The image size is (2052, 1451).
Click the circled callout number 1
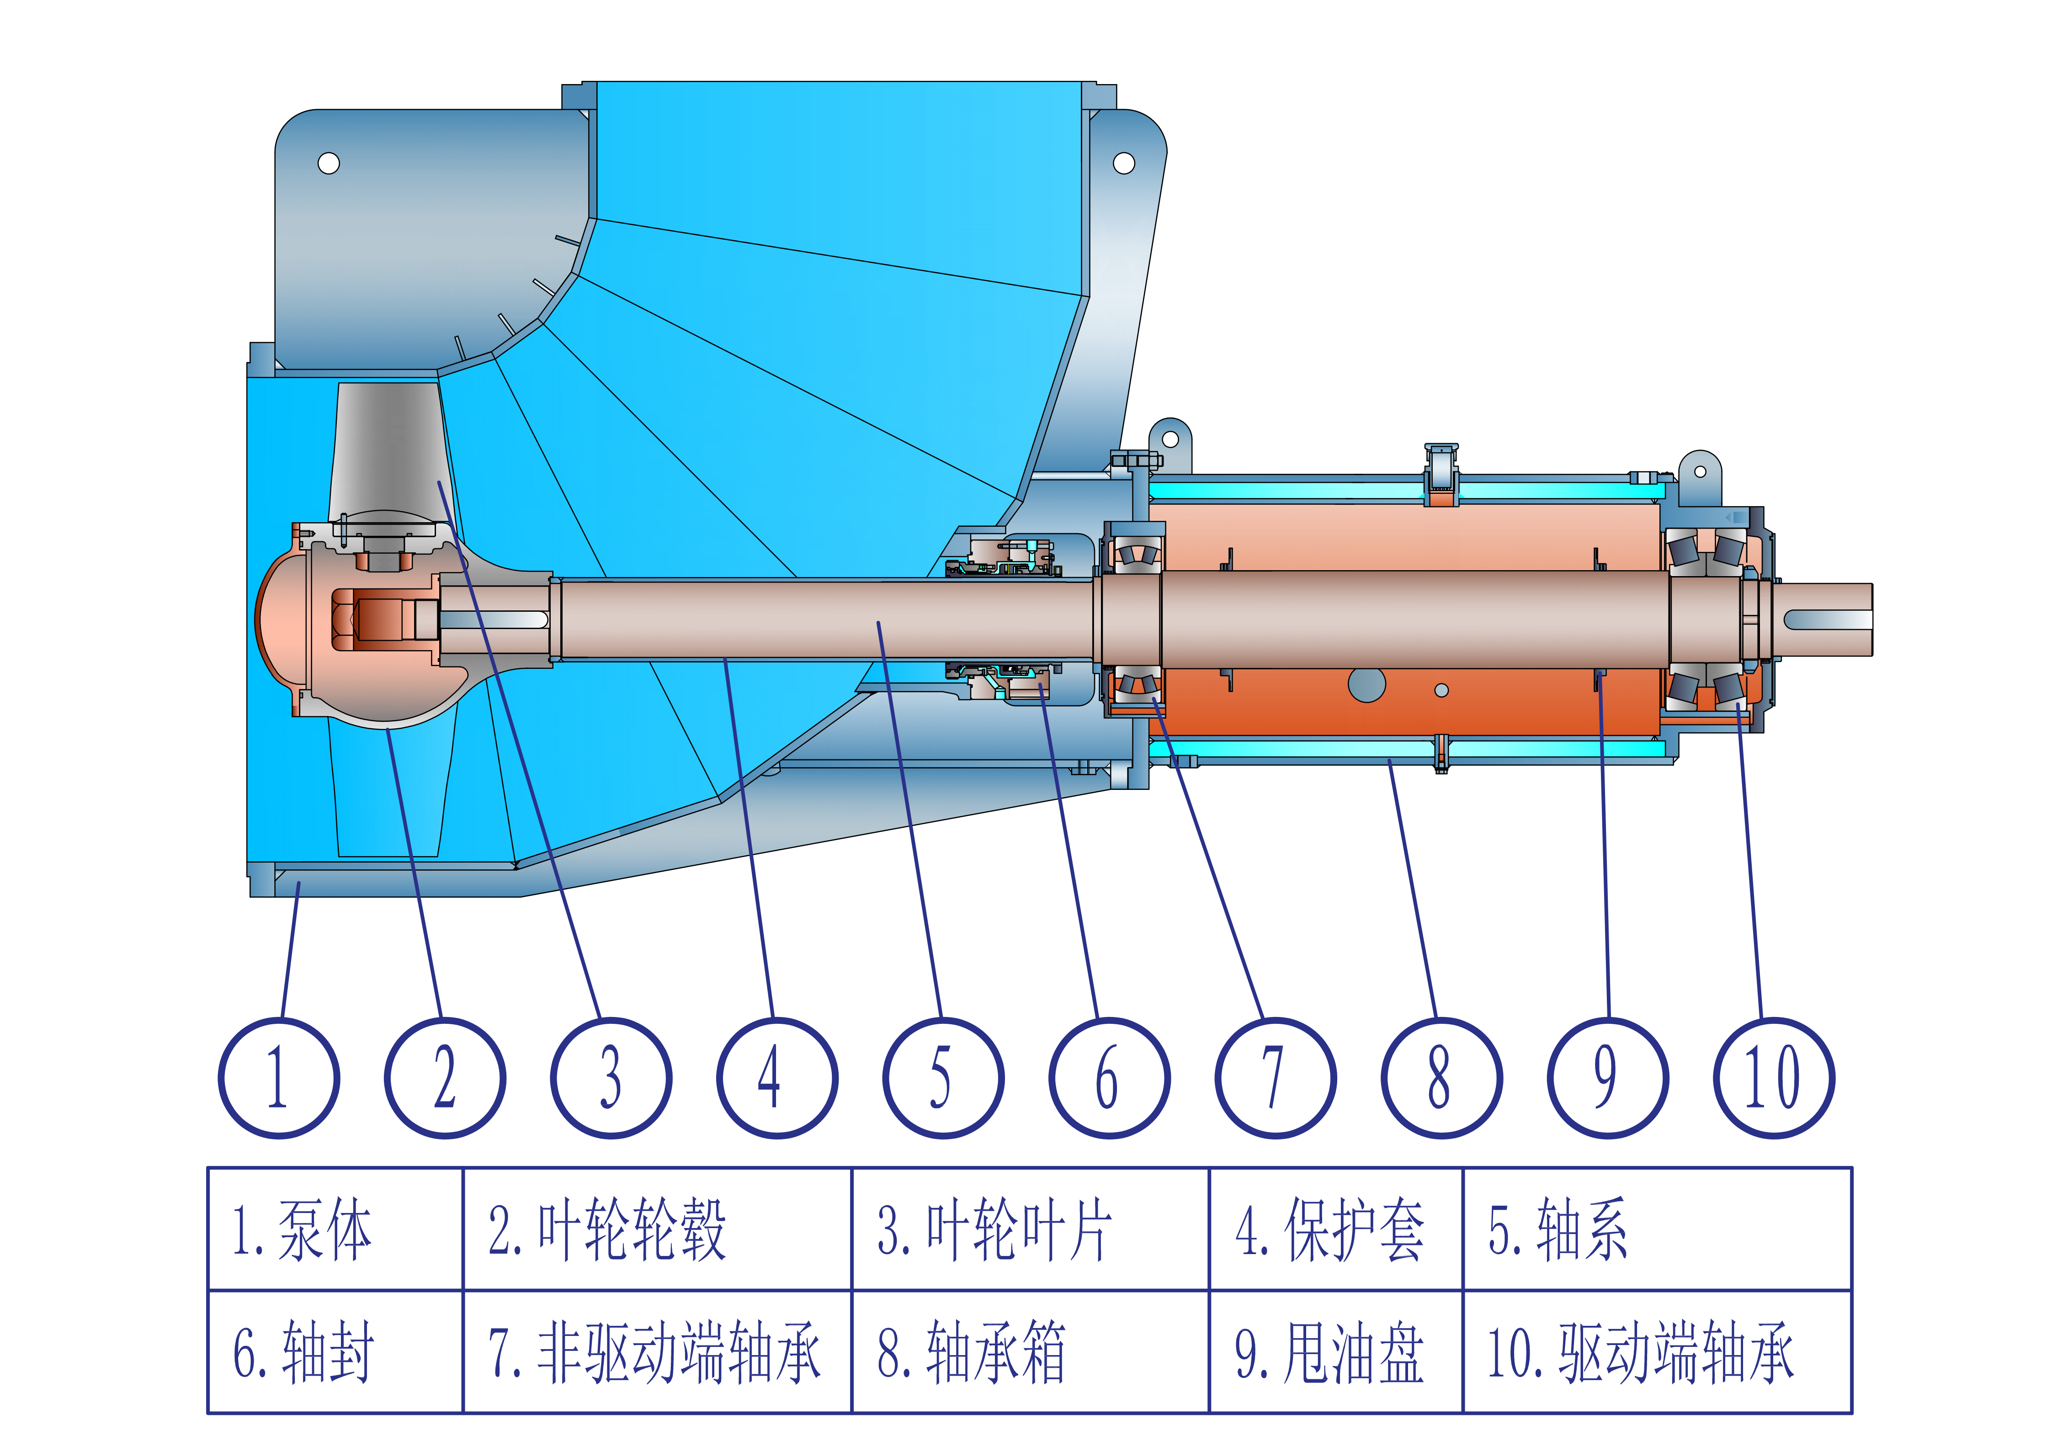point(279,1078)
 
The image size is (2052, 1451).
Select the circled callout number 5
point(943,1078)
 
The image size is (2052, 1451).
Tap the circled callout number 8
point(1441,1078)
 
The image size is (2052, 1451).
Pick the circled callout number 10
point(1774,1078)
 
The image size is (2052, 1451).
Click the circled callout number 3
point(611,1078)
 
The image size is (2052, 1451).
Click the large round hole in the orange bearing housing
point(1366,685)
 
